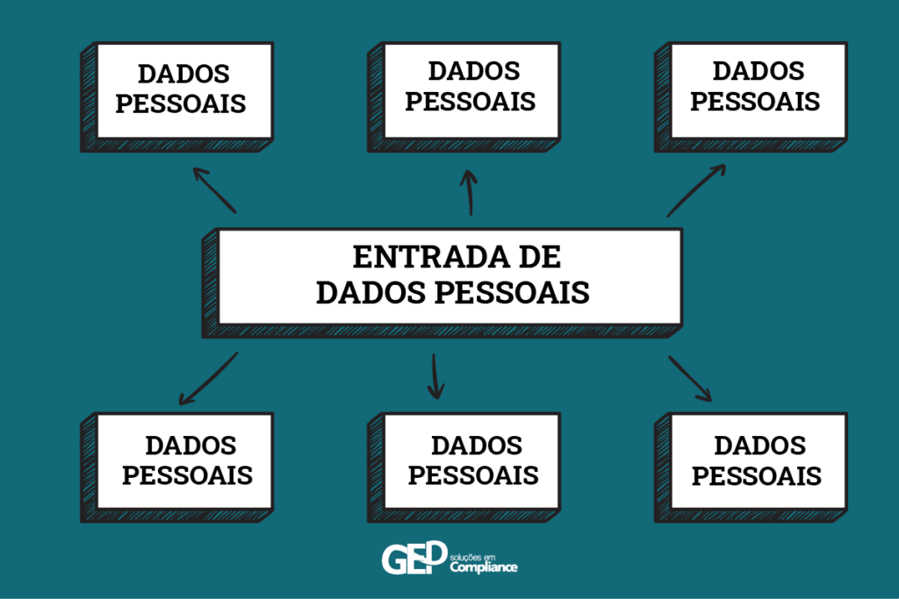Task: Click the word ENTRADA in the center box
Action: [x=430, y=257]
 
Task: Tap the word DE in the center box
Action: [x=540, y=257]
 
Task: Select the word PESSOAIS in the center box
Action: [x=512, y=292]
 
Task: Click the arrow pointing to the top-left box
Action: [x=214, y=190]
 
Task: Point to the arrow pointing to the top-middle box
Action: [x=470, y=192]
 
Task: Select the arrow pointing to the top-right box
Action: [x=696, y=190]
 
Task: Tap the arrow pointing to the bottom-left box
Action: [x=208, y=379]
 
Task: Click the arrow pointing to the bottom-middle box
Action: [x=435, y=376]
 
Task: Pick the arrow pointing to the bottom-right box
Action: [x=690, y=379]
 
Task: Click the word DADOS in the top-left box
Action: [x=184, y=74]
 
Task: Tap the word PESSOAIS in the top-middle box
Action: [x=471, y=102]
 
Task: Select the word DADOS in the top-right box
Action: [x=759, y=71]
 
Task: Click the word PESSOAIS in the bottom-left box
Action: [x=188, y=475]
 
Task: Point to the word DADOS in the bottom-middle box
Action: [x=477, y=446]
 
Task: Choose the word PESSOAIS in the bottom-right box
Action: [x=757, y=476]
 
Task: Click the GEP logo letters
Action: [x=414, y=558]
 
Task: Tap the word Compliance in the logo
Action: [x=484, y=567]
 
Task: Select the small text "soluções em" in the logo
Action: [x=472, y=557]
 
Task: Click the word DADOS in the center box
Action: [x=370, y=292]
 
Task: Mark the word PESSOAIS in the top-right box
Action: [x=755, y=102]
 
